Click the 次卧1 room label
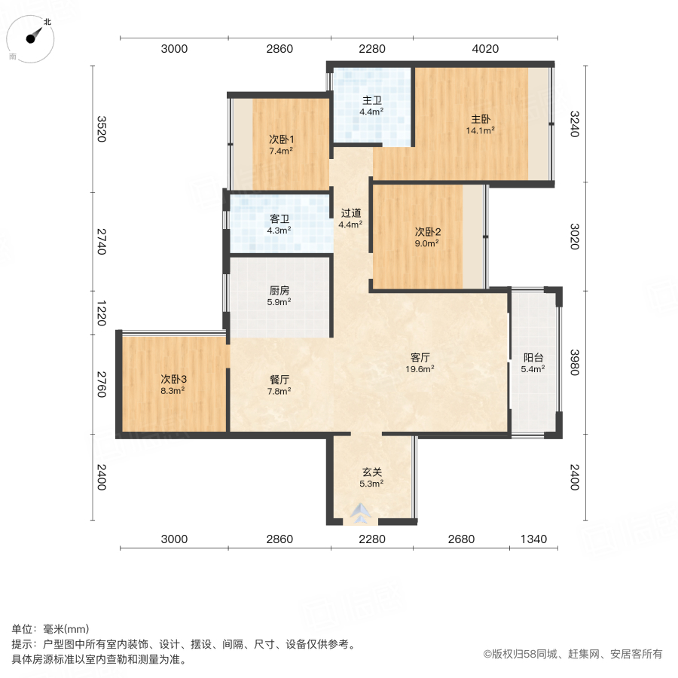(x=281, y=139)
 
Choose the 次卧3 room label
(x=173, y=379)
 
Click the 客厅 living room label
(x=421, y=357)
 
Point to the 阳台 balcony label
(x=533, y=358)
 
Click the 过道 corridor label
(x=350, y=212)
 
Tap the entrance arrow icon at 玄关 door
(x=360, y=513)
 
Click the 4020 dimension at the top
(x=485, y=50)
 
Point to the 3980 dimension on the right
(x=575, y=361)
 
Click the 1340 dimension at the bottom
(x=533, y=539)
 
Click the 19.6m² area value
(x=421, y=368)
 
